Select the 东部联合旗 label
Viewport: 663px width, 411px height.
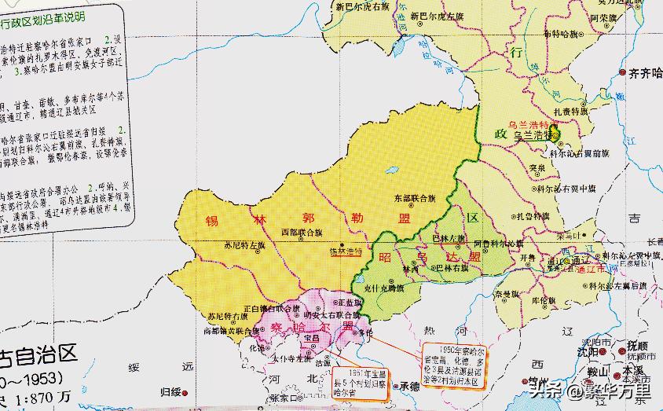415,199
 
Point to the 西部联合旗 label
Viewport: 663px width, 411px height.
302,233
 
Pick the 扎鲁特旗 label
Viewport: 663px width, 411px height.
532,215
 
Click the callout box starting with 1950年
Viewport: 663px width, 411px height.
455,361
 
